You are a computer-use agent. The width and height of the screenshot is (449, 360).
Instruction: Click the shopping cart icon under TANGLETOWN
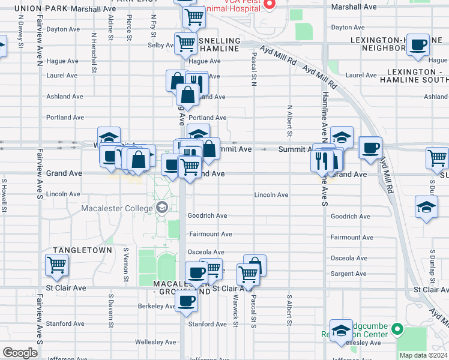(x=56, y=264)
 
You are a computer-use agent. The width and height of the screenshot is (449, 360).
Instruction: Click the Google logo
(x=20, y=353)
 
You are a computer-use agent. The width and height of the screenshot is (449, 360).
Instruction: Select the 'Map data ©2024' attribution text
(x=424, y=355)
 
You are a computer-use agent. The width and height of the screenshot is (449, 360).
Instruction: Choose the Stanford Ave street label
(x=208, y=324)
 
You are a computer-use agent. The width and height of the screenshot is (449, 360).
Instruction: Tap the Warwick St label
(x=237, y=310)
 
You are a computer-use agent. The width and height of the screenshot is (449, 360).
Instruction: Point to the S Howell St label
(x=4, y=195)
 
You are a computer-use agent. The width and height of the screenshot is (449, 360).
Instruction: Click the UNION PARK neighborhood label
(x=41, y=9)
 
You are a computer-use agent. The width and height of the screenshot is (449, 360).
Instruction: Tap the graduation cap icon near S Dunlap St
(x=426, y=207)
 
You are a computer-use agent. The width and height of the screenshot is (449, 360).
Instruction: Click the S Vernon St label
(x=127, y=265)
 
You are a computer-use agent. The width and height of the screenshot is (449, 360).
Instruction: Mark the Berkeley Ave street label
(x=139, y=306)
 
